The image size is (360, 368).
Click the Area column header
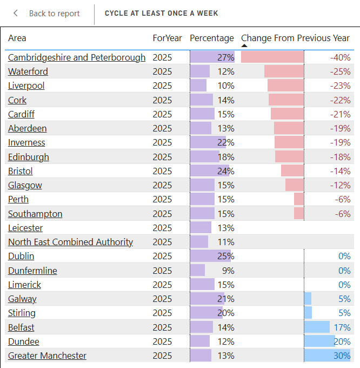pos(17,38)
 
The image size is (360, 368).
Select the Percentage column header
pos(211,38)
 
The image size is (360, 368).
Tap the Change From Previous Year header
pos(295,38)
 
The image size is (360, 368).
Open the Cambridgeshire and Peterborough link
pos(77,57)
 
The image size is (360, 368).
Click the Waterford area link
pos(28,71)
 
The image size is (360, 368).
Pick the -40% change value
pos(341,57)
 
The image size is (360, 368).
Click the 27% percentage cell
pos(225,57)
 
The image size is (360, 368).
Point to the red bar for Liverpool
pos(285,86)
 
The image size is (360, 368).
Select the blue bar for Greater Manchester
pos(326,356)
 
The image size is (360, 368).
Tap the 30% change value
pos(342,356)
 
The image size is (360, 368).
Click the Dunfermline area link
pos(32,271)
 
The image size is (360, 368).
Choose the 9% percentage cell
pos(228,271)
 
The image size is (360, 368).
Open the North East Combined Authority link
pos(70,242)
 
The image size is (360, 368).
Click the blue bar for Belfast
pos(317,327)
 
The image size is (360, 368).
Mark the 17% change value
pos(342,327)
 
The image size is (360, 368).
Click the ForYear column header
pos(167,38)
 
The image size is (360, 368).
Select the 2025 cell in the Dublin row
pos(162,256)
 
